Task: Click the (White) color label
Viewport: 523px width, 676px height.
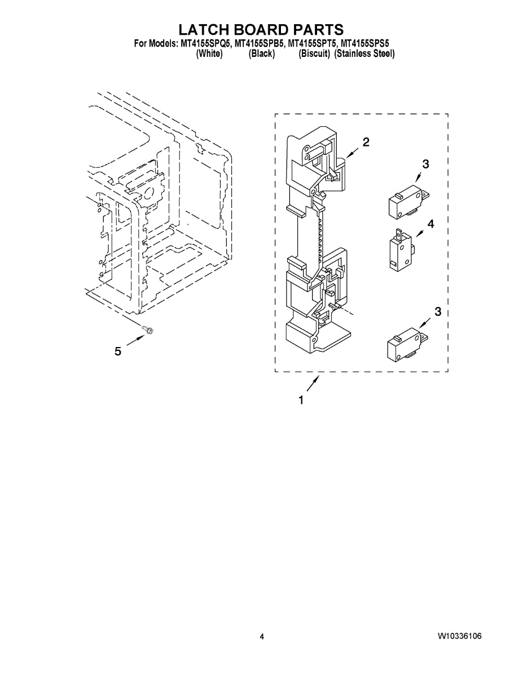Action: click(209, 54)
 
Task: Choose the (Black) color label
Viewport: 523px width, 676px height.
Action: click(262, 54)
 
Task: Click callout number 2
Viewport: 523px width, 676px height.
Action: click(366, 142)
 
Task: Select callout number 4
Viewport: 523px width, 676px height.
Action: click(430, 224)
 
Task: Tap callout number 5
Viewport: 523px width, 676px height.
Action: click(118, 352)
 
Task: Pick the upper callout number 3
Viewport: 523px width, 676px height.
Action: click(425, 164)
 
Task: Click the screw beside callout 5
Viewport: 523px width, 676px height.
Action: click(148, 328)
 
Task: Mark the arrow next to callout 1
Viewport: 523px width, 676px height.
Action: click(313, 385)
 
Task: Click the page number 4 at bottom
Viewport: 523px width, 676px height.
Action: click(262, 637)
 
